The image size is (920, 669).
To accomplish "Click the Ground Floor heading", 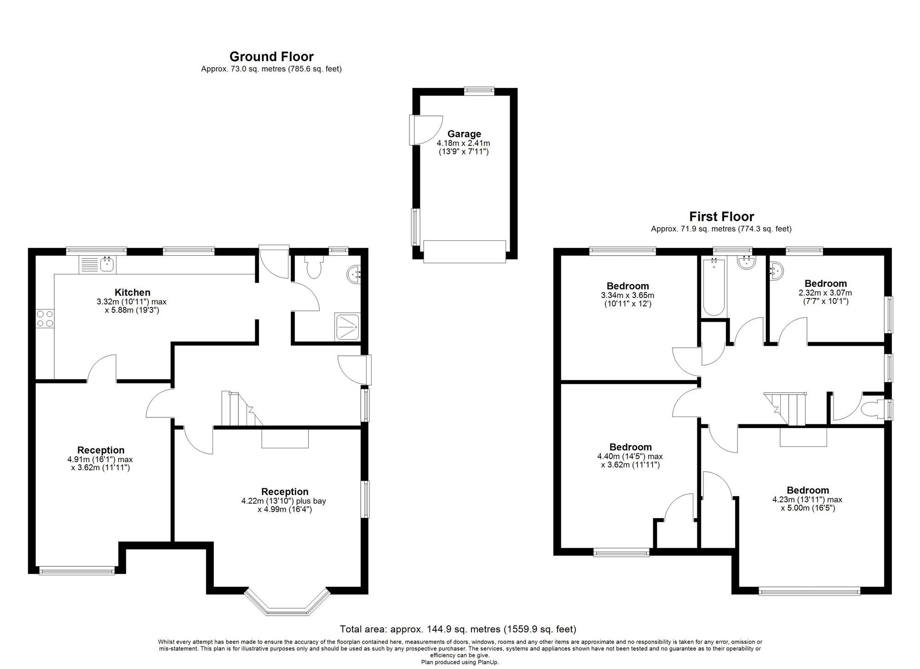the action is (x=271, y=57).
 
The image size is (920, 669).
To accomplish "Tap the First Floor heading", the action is (x=721, y=217).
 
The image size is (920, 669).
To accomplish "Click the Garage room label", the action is (x=464, y=134).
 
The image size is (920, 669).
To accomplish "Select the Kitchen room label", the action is (x=132, y=292).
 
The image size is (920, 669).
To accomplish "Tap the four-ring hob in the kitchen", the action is (x=44, y=318).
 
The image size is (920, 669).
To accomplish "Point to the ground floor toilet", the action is (x=315, y=267).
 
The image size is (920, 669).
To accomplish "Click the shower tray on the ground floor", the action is (x=348, y=327).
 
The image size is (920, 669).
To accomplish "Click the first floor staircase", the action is (x=786, y=409).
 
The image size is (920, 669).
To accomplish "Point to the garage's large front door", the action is (x=465, y=252).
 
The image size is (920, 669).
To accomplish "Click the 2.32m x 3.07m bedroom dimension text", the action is (x=825, y=292).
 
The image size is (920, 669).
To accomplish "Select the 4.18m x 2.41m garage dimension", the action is (x=464, y=143).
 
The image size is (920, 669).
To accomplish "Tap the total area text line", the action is (x=458, y=629).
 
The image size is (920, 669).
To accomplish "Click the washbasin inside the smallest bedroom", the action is (x=776, y=270).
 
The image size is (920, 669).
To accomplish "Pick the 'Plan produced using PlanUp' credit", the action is (x=460, y=663).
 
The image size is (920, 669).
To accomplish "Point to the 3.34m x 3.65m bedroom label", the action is (x=627, y=295).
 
